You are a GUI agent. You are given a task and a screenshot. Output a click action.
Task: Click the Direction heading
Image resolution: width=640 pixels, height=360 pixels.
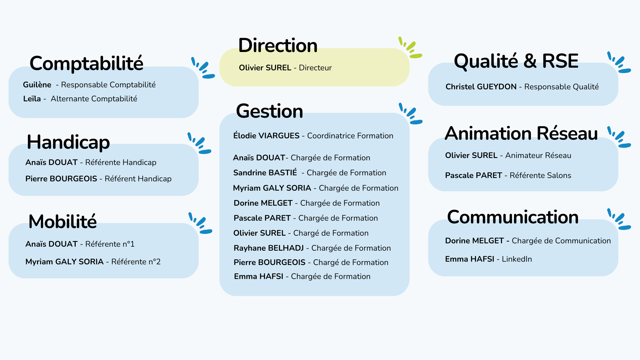coord(278,46)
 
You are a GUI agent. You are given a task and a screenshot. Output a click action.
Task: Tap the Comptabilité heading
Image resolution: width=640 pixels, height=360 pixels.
coord(86,63)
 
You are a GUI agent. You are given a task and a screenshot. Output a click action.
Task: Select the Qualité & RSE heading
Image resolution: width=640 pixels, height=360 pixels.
coord(516,61)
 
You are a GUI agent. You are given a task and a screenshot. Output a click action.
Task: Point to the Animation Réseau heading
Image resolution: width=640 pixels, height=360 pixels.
coord(521,134)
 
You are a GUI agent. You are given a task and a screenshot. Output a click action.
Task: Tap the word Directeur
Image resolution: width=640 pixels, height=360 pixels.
coord(315,68)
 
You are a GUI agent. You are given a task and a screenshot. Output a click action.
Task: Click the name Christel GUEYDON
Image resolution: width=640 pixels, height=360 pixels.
coord(481,87)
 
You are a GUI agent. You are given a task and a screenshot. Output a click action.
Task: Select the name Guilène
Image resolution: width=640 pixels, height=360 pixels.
coord(37,85)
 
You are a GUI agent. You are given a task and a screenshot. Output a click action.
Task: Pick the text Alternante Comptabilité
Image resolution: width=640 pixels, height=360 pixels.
coord(94,99)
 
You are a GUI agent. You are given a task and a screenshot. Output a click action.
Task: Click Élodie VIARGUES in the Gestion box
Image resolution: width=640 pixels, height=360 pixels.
coord(266,136)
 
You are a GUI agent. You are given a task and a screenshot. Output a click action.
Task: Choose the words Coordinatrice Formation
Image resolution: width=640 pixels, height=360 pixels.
coord(350,136)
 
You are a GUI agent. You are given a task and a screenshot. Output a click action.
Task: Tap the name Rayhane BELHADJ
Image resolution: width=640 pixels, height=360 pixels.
coord(268,248)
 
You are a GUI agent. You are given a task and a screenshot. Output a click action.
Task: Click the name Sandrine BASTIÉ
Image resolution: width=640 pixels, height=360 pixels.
coord(265,173)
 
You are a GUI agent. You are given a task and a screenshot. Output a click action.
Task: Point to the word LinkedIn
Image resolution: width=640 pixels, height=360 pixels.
coord(517,259)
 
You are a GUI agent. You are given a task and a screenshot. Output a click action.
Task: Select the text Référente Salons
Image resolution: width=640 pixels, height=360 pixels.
coord(540,176)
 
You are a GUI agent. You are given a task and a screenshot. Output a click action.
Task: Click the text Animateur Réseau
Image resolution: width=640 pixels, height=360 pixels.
coord(538,156)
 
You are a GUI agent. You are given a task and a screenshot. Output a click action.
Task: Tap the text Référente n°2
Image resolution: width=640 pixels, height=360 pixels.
coord(136,262)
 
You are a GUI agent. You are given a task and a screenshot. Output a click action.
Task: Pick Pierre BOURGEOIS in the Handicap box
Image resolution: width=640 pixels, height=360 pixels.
coord(61,179)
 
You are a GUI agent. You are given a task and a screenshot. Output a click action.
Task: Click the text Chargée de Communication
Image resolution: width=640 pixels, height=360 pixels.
coord(561,241)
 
